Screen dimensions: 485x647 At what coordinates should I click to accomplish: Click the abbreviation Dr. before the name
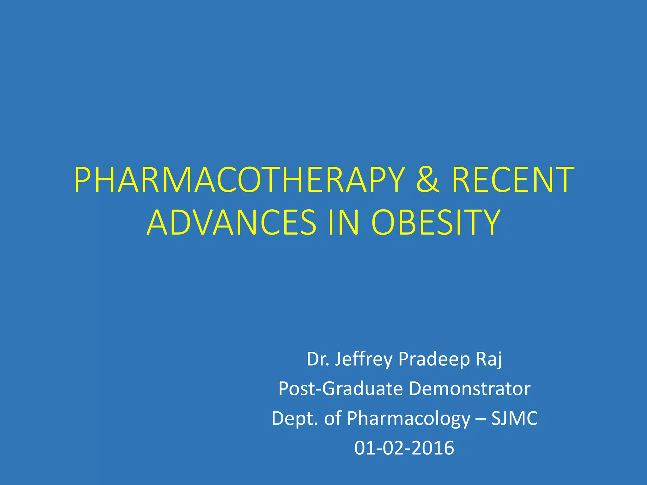(x=318, y=359)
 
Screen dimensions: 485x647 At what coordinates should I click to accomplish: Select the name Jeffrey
(x=363, y=359)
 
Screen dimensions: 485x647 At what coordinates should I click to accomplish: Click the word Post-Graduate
(x=341, y=389)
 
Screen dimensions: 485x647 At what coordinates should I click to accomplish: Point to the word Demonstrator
(x=470, y=389)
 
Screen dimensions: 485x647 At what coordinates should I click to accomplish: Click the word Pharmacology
(x=409, y=418)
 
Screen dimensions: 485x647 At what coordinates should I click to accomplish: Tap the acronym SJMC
(x=514, y=418)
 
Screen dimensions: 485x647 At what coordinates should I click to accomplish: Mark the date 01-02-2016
(x=404, y=448)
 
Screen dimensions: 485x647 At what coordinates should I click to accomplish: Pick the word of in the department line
(x=333, y=418)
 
